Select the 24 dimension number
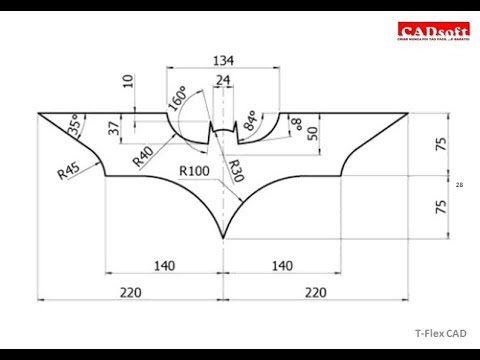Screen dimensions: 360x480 pos(222,80)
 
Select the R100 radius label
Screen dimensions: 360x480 pos(195,171)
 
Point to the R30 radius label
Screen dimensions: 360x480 pos(235,169)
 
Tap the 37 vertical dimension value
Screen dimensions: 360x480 pos(114,128)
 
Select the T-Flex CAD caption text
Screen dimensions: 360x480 pos(441,334)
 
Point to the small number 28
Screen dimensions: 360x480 pos(459,186)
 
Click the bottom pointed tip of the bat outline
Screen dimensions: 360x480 pos(222,238)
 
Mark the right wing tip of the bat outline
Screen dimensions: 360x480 pos(407,113)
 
